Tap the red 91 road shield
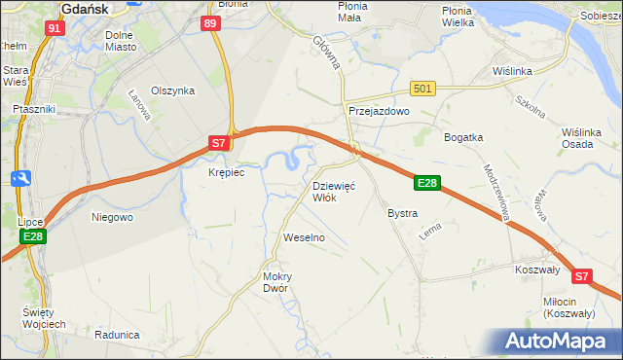coord(55,29)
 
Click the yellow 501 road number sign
coord(421,89)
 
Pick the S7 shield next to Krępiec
coord(220,143)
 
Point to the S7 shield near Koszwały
coord(581,276)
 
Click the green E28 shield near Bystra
coord(428,183)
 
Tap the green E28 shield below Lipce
coord(32,236)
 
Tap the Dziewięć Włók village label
coord(335,191)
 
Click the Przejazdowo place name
coord(379,112)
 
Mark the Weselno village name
coord(304,237)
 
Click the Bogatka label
coord(464,137)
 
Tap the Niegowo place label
coord(112,217)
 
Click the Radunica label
coord(119,334)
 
